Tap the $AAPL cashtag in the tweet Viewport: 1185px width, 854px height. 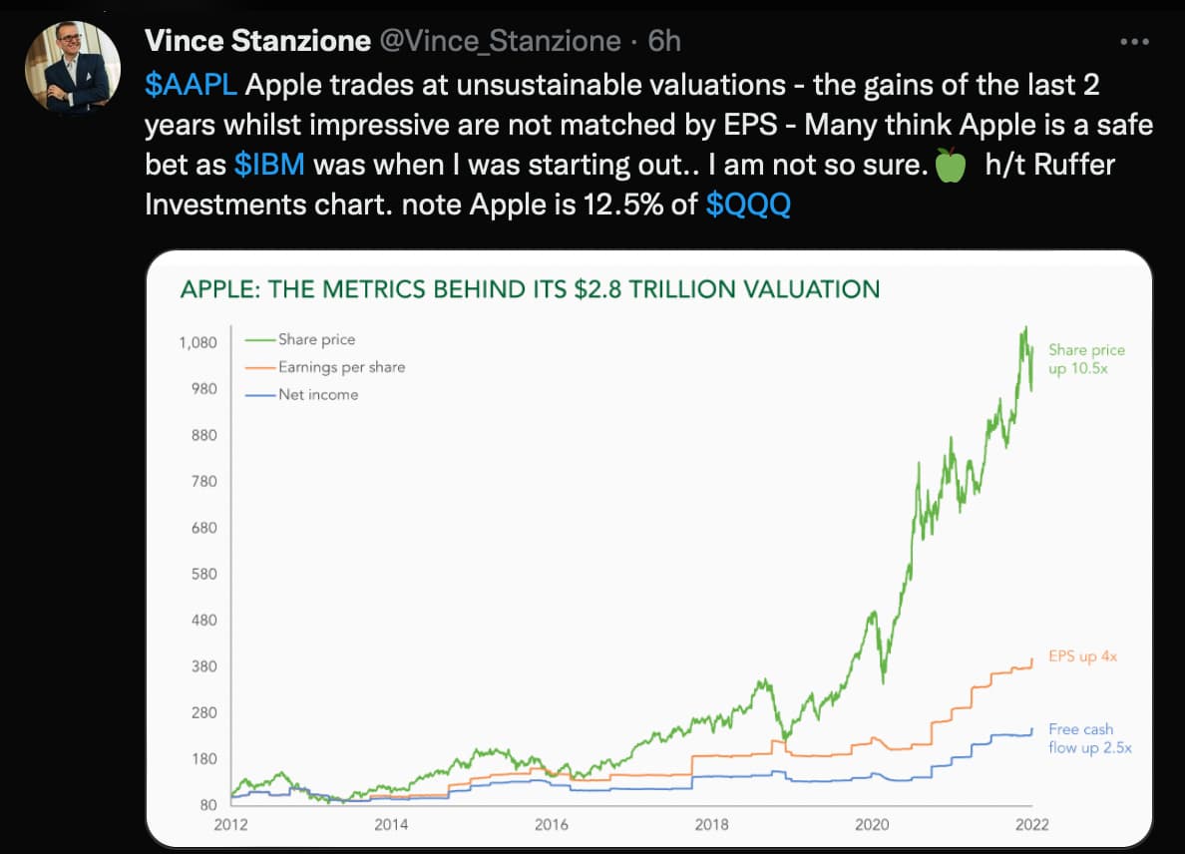pyautogui.click(x=191, y=85)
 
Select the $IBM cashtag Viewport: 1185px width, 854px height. pyautogui.click(x=268, y=165)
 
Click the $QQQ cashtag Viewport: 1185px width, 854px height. pyautogui.click(x=748, y=205)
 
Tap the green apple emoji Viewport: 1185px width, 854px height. pyautogui.click(x=951, y=166)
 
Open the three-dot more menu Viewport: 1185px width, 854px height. pyautogui.click(x=1135, y=43)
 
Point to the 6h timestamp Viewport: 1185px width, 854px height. pyautogui.click(x=664, y=42)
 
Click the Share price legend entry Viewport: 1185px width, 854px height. pyautogui.click(x=316, y=339)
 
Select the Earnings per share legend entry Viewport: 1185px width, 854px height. pyautogui.click(x=341, y=367)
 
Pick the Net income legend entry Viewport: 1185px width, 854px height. pyautogui.click(x=317, y=394)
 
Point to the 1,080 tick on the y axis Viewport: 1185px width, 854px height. pyautogui.click(x=197, y=343)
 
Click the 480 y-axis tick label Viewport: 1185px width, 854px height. pyautogui.click(x=203, y=621)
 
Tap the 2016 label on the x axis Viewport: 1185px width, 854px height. pyautogui.click(x=552, y=825)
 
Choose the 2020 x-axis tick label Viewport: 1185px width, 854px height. pyautogui.click(x=873, y=825)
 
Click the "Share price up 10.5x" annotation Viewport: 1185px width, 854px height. pyautogui.click(x=1086, y=359)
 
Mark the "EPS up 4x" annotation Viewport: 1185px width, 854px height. pyautogui.click(x=1081, y=657)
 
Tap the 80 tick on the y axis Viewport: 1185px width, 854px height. pyautogui.click(x=207, y=805)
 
